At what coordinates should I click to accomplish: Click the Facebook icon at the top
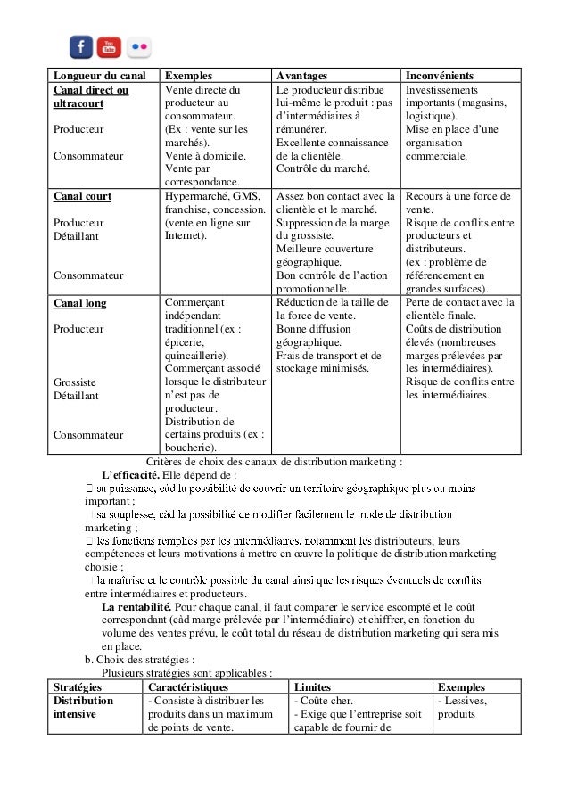click(x=81, y=46)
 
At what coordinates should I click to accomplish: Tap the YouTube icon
click(x=109, y=46)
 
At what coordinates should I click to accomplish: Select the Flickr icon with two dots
click(x=139, y=46)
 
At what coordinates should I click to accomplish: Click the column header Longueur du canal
click(x=99, y=77)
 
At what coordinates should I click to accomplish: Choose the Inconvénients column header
click(x=440, y=77)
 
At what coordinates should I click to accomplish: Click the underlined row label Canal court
click(x=83, y=196)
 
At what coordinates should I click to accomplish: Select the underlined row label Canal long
click(x=80, y=302)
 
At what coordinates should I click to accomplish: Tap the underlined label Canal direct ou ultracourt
click(x=91, y=97)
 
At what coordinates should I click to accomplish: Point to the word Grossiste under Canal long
click(x=76, y=382)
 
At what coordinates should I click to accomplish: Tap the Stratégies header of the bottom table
click(x=78, y=687)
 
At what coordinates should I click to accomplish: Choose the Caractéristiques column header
click(x=187, y=687)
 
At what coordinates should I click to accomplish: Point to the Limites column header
click(x=312, y=687)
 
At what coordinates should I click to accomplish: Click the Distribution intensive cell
click(x=83, y=708)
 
